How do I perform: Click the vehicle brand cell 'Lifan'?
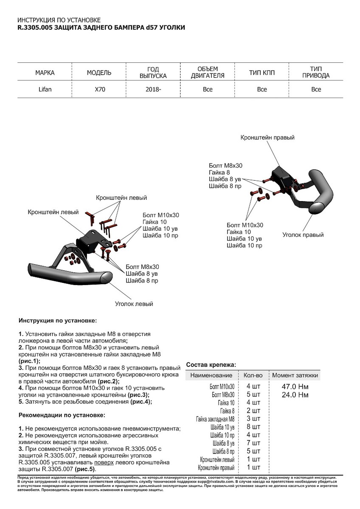click(x=45, y=89)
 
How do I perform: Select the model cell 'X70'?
click(x=99, y=89)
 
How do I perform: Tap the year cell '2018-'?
click(x=153, y=89)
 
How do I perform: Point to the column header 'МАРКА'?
click(x=45, y=73)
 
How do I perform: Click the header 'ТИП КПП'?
click(x=262, y=73)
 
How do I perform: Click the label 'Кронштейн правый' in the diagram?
click(x=267, y=138)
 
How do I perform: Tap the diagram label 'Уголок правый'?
click(x=303, y=235)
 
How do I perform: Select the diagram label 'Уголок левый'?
click(x=134, y=304)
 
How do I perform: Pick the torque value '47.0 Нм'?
click(x=295, y=387)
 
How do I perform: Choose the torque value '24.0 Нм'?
click(x=295, y=395)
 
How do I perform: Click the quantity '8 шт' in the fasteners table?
click(x=253, y=427)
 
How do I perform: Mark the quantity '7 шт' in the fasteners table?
click(x=253, y=443)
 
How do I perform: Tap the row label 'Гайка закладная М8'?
click(x=215, y=419)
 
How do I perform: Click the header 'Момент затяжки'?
click(x=295, y=375)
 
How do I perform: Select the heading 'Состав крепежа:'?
click(x=211, y=364)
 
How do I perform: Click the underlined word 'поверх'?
click(x=104, y=462)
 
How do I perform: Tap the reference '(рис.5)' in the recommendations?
click(x=85, y=469)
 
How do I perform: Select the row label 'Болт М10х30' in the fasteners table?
click(x=222, y=387)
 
